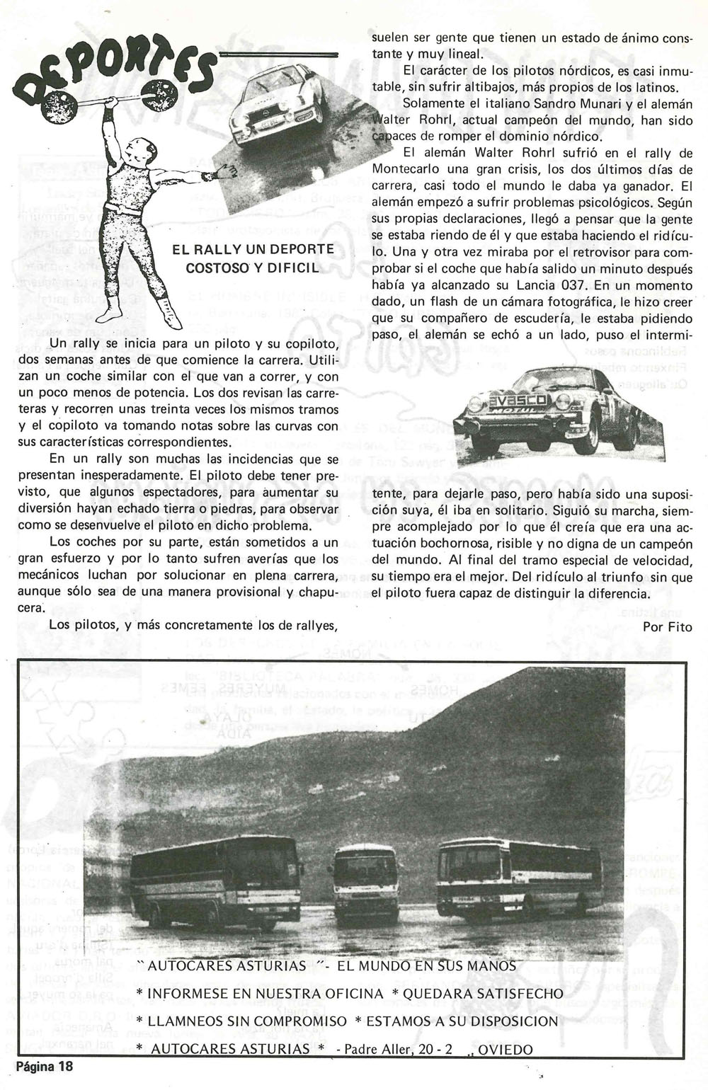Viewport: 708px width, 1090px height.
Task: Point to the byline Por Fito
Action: click(x=667, y=626)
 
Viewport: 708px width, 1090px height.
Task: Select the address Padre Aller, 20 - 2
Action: click(x=398, y=1049)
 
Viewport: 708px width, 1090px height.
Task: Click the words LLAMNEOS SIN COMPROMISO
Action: click(x=241, y=1021)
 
